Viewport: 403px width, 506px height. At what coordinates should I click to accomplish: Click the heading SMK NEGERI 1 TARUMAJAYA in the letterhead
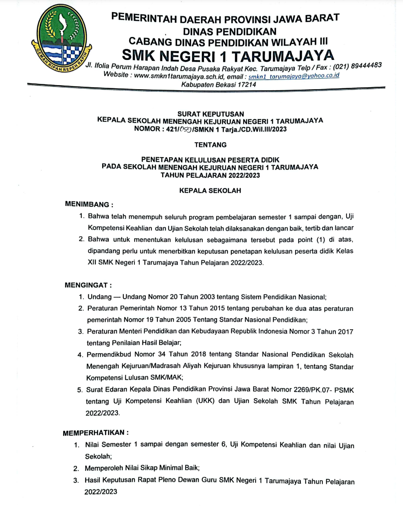(228, 55)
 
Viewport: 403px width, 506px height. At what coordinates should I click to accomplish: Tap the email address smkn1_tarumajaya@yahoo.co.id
(293, 76)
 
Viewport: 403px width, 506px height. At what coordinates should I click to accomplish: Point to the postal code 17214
(246, 85)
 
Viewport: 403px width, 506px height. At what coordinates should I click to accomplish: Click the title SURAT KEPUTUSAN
(210, 114)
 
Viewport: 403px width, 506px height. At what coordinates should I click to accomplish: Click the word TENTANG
(210, 145)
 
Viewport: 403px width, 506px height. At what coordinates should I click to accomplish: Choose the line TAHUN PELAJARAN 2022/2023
(210, 175)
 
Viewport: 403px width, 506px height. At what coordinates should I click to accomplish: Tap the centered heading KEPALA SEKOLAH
(210, 190)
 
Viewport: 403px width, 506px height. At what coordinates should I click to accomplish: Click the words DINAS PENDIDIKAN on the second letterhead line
(230, 31)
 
